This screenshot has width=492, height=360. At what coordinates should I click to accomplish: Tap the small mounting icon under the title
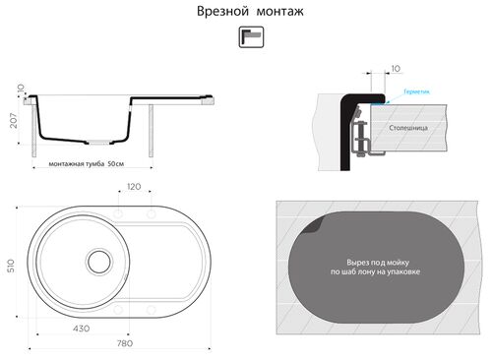click(251, 36)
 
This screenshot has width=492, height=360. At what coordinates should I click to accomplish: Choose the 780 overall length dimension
click(124, 343)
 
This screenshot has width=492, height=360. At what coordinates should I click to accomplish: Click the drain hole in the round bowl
click(98, 261)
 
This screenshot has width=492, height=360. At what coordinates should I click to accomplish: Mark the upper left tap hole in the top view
click(119, 214)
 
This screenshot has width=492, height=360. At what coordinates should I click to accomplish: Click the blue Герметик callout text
click(416, 90)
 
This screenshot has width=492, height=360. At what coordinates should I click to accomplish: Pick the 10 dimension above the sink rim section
click(396, 69)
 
